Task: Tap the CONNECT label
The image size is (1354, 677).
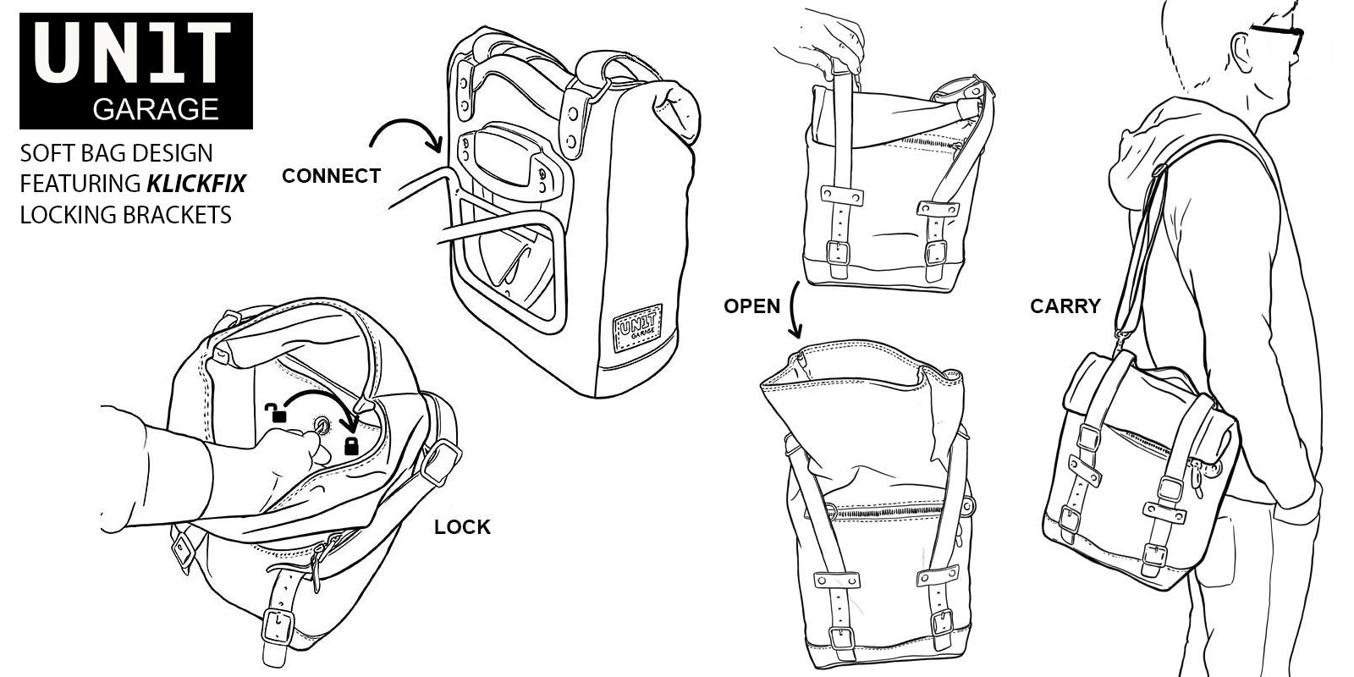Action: pos(331,177)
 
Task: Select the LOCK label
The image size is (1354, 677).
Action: pos(462,527)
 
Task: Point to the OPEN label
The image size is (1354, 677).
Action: pos(751,306)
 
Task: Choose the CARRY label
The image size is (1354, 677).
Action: pos(1065,306)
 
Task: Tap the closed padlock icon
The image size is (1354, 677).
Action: pos(351,446)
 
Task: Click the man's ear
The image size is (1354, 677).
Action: pos(1241,46)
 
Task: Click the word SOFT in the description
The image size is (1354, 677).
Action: pos(48,154)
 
